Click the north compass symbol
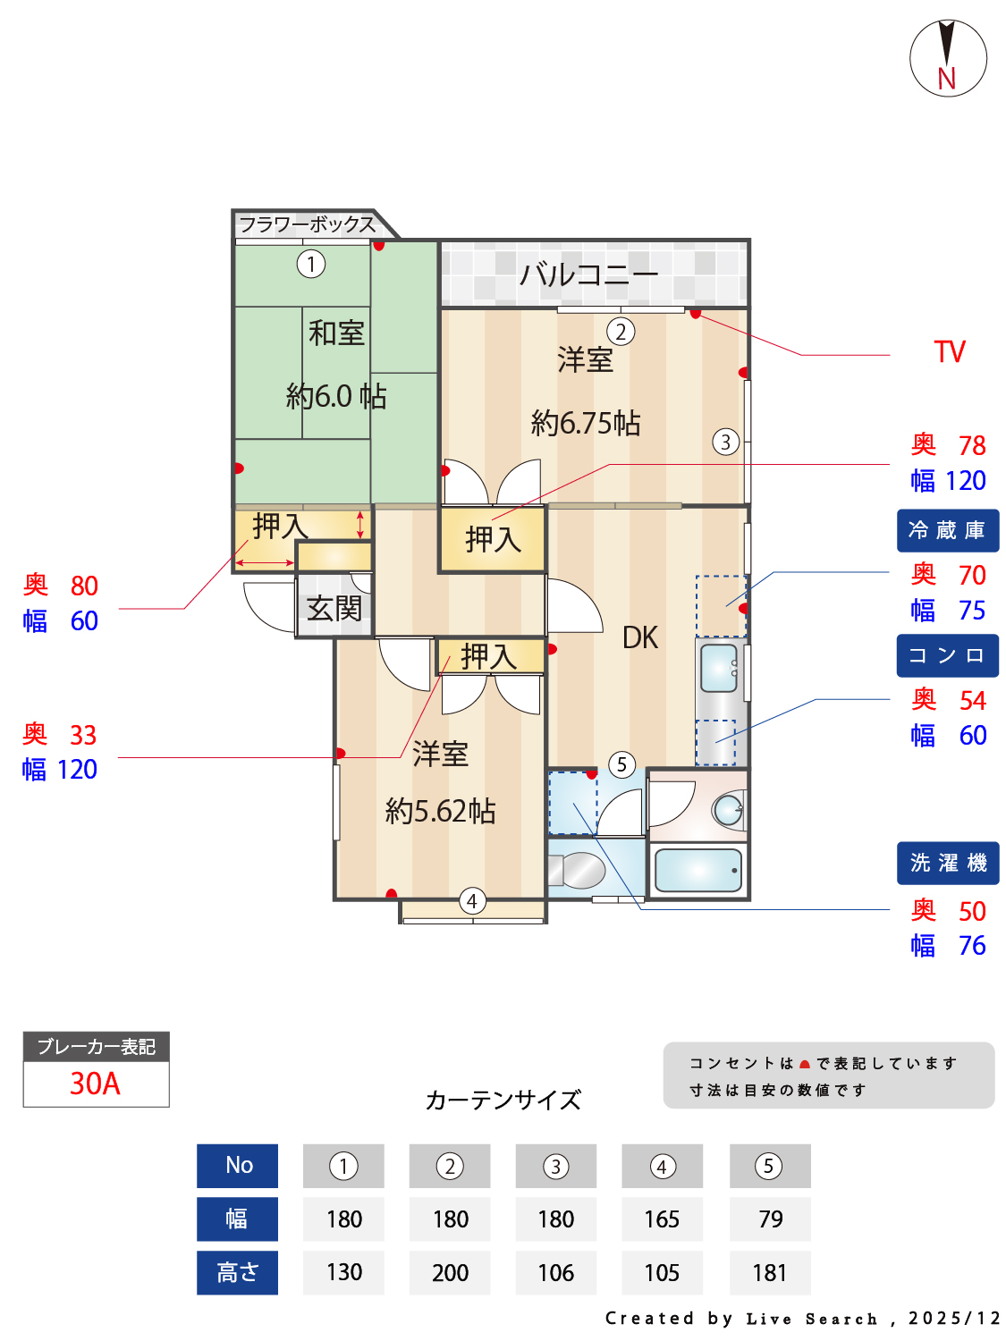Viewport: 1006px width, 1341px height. point(948,59)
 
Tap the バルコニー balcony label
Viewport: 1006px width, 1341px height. point(588,274)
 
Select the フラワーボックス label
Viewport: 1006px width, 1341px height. point(307,224)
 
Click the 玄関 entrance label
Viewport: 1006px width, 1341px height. point(334,610)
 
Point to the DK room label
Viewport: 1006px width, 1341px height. point(640,638)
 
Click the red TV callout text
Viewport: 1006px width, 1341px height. point(950,352)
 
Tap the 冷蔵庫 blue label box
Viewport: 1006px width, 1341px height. point(947,531)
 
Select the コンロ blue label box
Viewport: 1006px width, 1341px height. point(947,656)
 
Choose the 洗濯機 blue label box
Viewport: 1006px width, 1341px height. point(947,864)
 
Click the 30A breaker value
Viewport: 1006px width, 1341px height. point(96,1084)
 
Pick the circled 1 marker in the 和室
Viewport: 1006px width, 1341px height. point(311,264)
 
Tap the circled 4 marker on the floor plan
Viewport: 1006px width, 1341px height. point(472,901)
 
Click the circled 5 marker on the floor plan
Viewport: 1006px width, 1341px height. point(622,764)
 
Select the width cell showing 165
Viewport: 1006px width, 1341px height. point(662,1219)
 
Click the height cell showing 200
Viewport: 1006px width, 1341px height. point(450,1273)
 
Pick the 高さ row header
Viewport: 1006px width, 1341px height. point(237,1273)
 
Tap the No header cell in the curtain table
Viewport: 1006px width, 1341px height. point(238,1166)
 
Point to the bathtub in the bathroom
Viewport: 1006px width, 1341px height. point(698,870)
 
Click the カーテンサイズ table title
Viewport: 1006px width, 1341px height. point(503,1100)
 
